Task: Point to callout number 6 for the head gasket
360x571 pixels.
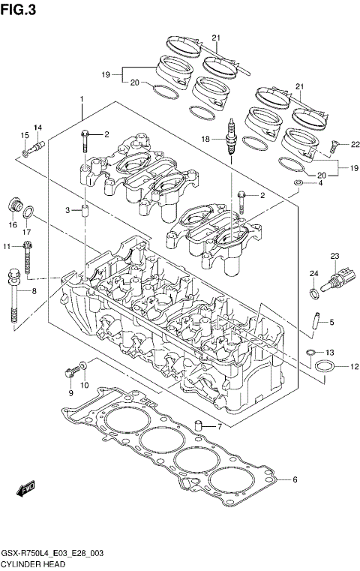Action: click(x=295, y=479)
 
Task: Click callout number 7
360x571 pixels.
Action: click(x=219, y=427)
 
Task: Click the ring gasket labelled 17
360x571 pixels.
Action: click(x=27, y=217)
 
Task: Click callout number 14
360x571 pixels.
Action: click(x=37, y=127)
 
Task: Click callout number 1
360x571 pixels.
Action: click(x=82, y=100)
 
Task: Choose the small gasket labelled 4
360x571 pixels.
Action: click(x=298, y=182)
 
